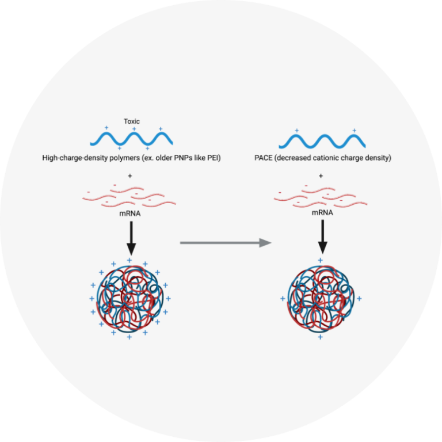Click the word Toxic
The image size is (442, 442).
tap(132, 121)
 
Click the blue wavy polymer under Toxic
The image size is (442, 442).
tap(132, 139)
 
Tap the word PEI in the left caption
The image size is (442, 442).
tap(214, 158)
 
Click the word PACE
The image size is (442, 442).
tap(264, 158)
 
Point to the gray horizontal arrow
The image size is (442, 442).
tap(225, 243)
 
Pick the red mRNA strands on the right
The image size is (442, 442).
tap(321, 196)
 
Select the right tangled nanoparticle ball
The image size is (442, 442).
tap(320, 299)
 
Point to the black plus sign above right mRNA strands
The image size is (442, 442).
tap(321, 176)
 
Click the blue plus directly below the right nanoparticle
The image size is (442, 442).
tap(320, 337)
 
